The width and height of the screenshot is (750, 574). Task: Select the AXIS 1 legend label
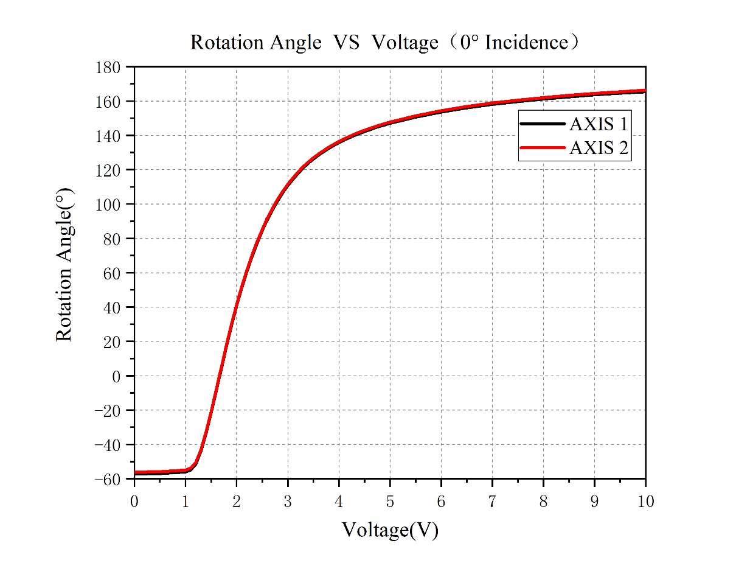[599, 124]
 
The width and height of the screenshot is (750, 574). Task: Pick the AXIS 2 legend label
[599, 147]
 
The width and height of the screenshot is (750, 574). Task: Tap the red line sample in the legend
[543, 147]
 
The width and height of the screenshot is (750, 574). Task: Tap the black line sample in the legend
[543, 124]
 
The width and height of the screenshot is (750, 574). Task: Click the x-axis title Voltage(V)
[390, 530]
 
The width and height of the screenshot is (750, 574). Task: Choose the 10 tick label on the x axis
[645, 501]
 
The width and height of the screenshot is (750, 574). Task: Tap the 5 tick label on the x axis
[390, 501]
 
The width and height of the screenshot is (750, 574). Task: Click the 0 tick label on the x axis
[134, 501]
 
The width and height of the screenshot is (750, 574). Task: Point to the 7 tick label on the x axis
[492, 501]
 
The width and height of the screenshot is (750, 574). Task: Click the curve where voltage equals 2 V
[237, 307]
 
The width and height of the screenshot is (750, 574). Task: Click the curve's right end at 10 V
[644, 91]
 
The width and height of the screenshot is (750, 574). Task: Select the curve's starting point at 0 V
[135, 472]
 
